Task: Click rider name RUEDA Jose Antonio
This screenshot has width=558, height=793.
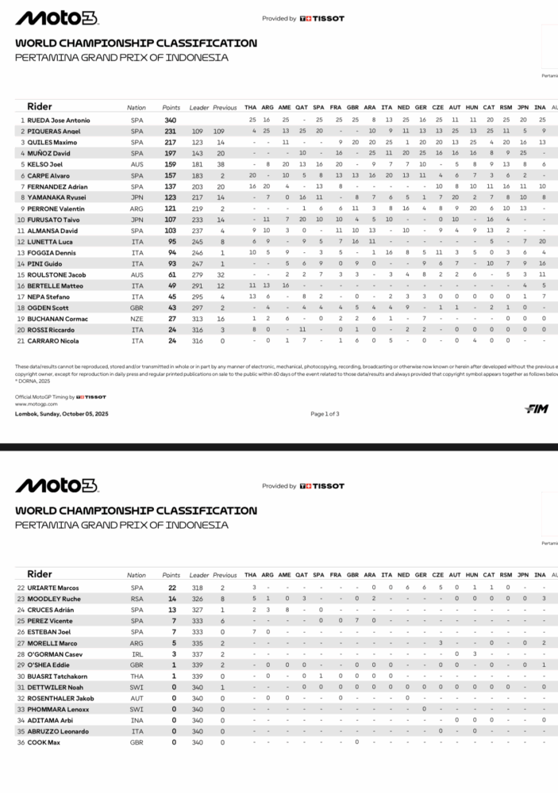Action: pyautogui.click(x=58, y=120)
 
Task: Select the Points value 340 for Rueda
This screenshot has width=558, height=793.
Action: pyautogui.click(x=170, y=120)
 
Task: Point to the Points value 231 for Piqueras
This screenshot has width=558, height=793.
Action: pyautogui.click(x=170, y=131)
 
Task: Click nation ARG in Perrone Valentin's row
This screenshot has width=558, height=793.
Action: pyautogui.click(x=137, y=208)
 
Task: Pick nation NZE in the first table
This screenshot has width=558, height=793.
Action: pyautogui.click(x=137, y=318)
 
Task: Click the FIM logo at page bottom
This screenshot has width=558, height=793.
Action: pyautogui.click(x=537, y=409)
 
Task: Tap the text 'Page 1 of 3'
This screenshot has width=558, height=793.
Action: pyautogui.click(x=325, y=414)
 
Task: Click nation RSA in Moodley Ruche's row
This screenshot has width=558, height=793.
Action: pyautogui.click(x=137, y=599)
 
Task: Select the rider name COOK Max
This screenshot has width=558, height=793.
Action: pyautogui.click(x=44, y=742)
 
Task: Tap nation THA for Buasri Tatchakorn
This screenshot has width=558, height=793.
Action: pyautogui.click(x=137, y=676)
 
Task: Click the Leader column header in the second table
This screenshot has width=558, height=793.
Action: pyautogui.click(x=198, y=575)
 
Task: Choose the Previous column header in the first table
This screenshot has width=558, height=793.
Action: pyautogui.click(x=225, y=107)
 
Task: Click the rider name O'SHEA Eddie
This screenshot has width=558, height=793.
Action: pyautogui.click(x=51, y=665)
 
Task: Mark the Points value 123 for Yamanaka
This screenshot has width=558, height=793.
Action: pyautogui.click(x=170, y=197)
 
